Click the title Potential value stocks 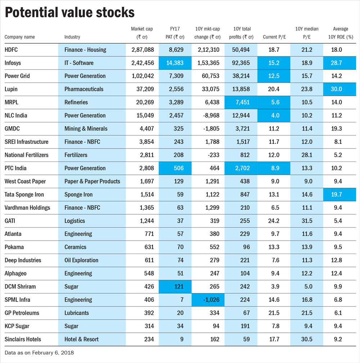click(x=69, y=13)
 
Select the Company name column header click(x=20, y=37)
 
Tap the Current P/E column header click(x=274, y=37)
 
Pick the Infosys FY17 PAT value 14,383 click(x=175, y=63)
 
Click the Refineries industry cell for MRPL click(x=76, y=103)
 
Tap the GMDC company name click(x=13, y=129)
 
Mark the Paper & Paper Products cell click(x=92, y=181)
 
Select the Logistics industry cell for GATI click(x=75, y=221)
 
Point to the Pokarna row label click(x=14, y=247)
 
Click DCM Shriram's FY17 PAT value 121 click(x=178, y=287)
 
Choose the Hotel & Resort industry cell click(x=81, y=339)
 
